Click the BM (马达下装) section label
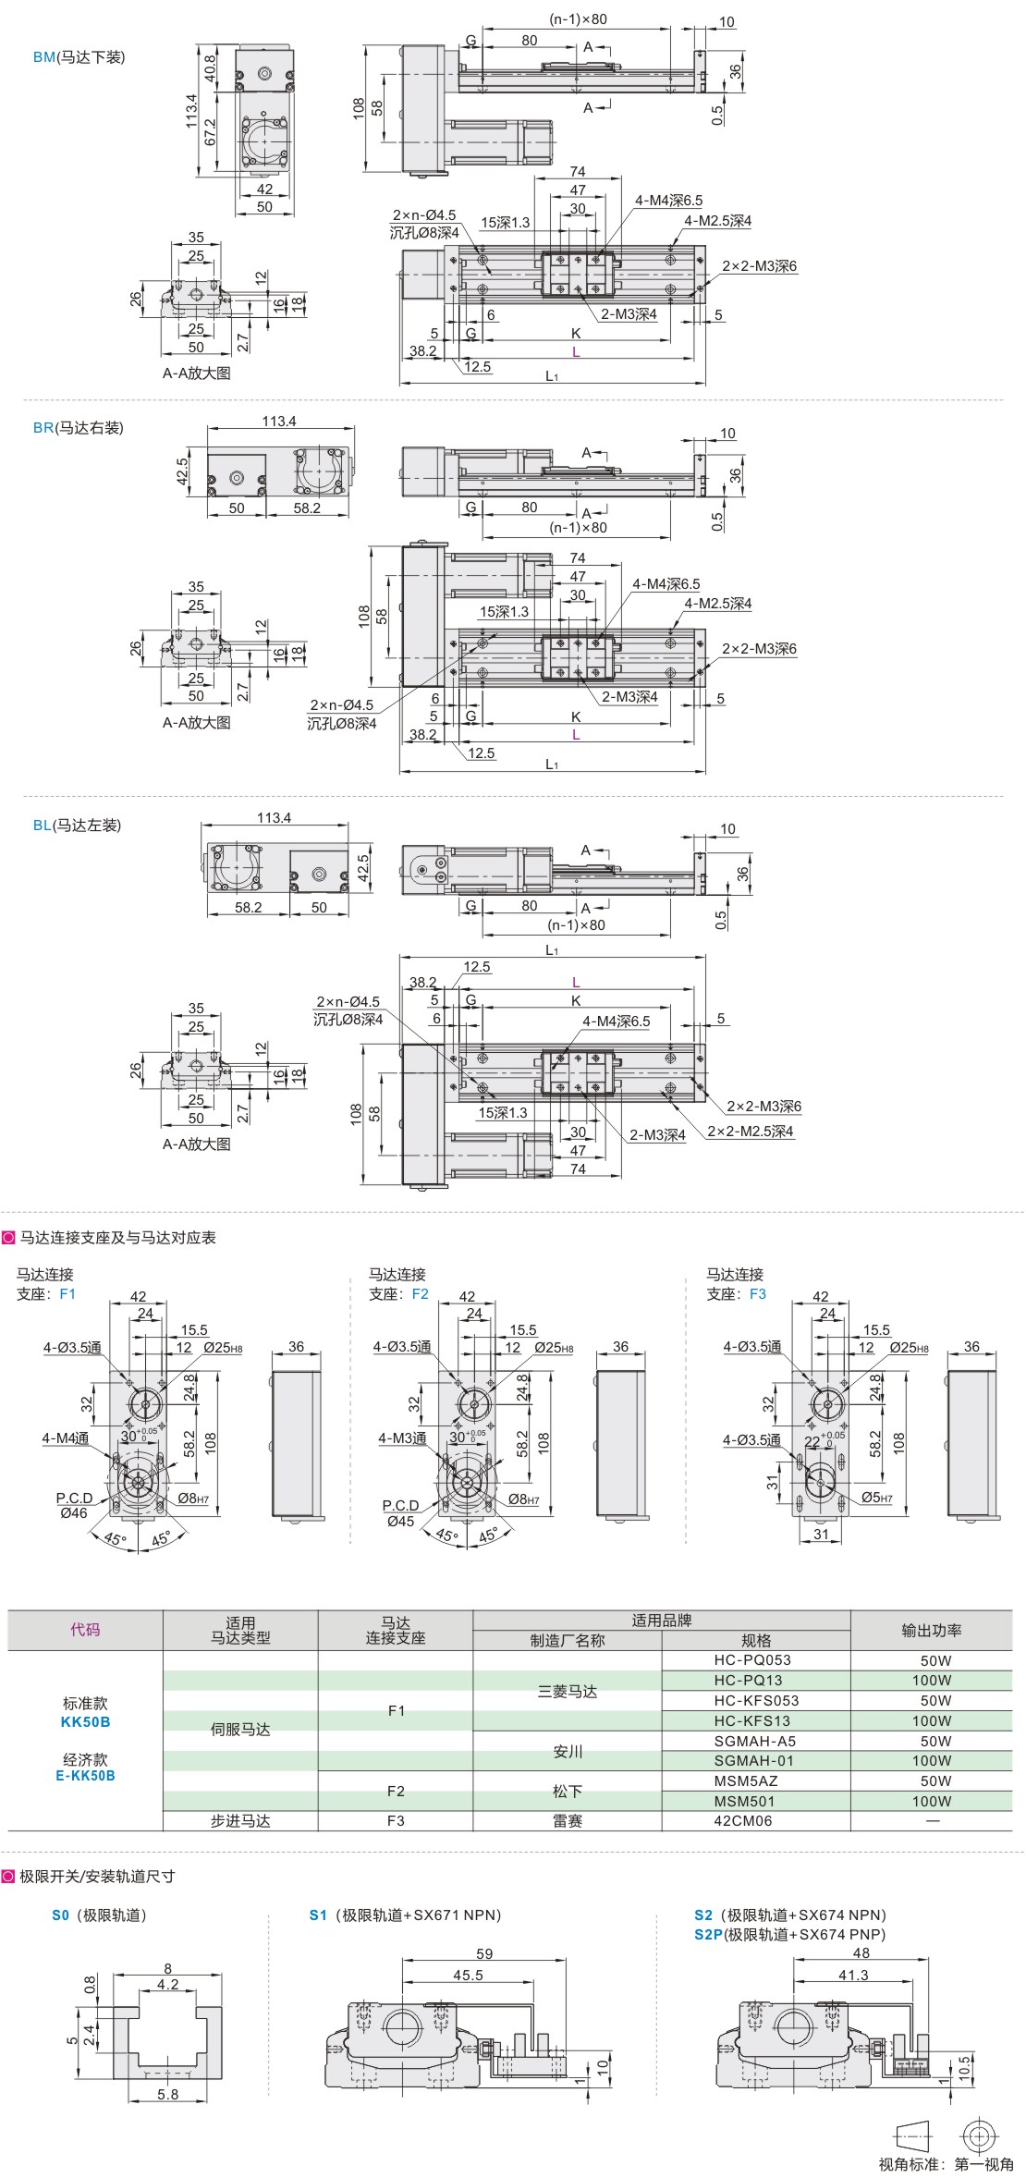(x=79, y=57)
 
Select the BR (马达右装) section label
(x=78, y=428)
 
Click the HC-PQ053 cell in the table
(x=755, y=1659)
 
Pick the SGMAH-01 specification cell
(x=755, y=1760)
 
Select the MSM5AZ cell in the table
(x=746, y=1780)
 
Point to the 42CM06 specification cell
(x=743, y=1820)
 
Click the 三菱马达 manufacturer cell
(x=568, y=1691)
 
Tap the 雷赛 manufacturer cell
(x=568, y=1820)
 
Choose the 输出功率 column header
(x=931, y=1631)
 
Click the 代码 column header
(x=85, y=1630)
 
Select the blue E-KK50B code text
(x=85, y=1775)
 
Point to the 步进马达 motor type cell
(x=240, y=1820)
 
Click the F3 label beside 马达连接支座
(x=758, y=1294)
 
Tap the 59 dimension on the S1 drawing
(x=484, y=1953)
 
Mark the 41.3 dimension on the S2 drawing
(x=852, y=1975)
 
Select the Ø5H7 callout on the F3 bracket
(x=876, y=1498)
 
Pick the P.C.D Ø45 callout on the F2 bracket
(x=401, y=1513)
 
